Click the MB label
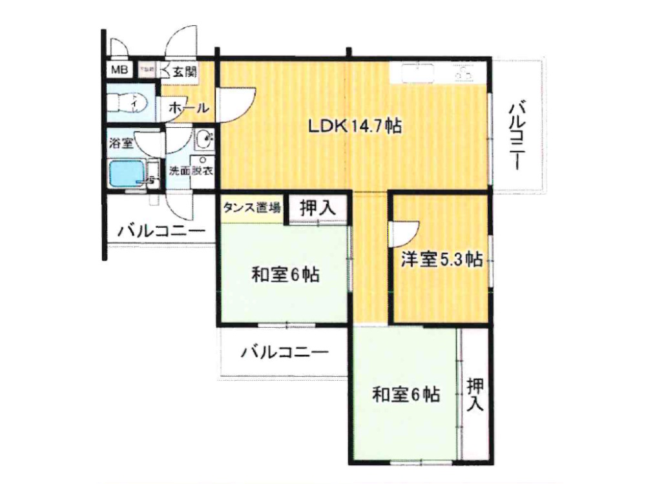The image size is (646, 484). [x=120, y=70]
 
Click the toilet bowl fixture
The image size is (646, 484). [x=129, y=103]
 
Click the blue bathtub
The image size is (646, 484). [x=126, y=173]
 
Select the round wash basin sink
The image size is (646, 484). [x=203, y=137]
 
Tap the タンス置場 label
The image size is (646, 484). [x=252, y=208]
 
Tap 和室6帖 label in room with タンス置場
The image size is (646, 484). [x=285, y=274]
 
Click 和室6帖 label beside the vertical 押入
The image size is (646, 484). [x=406, y=394]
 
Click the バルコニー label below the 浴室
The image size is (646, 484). [x=161, y=231]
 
